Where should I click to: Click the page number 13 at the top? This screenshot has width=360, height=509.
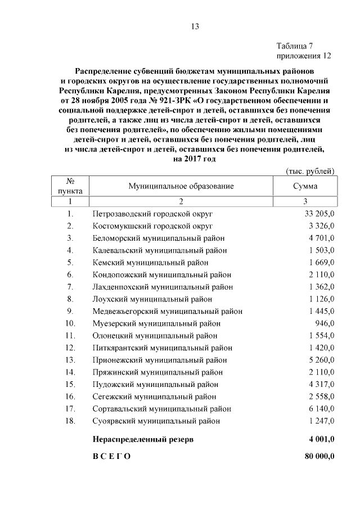tap(195, 26)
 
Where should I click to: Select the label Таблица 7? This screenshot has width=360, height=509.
tap(298, 46)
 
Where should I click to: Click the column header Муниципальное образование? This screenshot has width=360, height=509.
tap(181, 186)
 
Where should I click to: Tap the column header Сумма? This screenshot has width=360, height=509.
tap(304, 186)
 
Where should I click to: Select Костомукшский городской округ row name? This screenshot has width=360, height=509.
tap(152, 226)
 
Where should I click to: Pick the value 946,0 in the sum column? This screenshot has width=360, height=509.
tap(325, 323)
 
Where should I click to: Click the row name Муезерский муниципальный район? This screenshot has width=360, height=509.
tap(156, 323)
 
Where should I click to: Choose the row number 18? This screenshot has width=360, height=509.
tap(70, 421)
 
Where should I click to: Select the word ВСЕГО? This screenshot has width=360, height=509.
tap(111, 456)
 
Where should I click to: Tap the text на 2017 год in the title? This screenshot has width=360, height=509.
tap(195, 159)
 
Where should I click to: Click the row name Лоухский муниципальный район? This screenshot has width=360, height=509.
tap(152, 299)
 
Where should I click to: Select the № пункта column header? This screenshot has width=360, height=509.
tap(70, 186)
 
